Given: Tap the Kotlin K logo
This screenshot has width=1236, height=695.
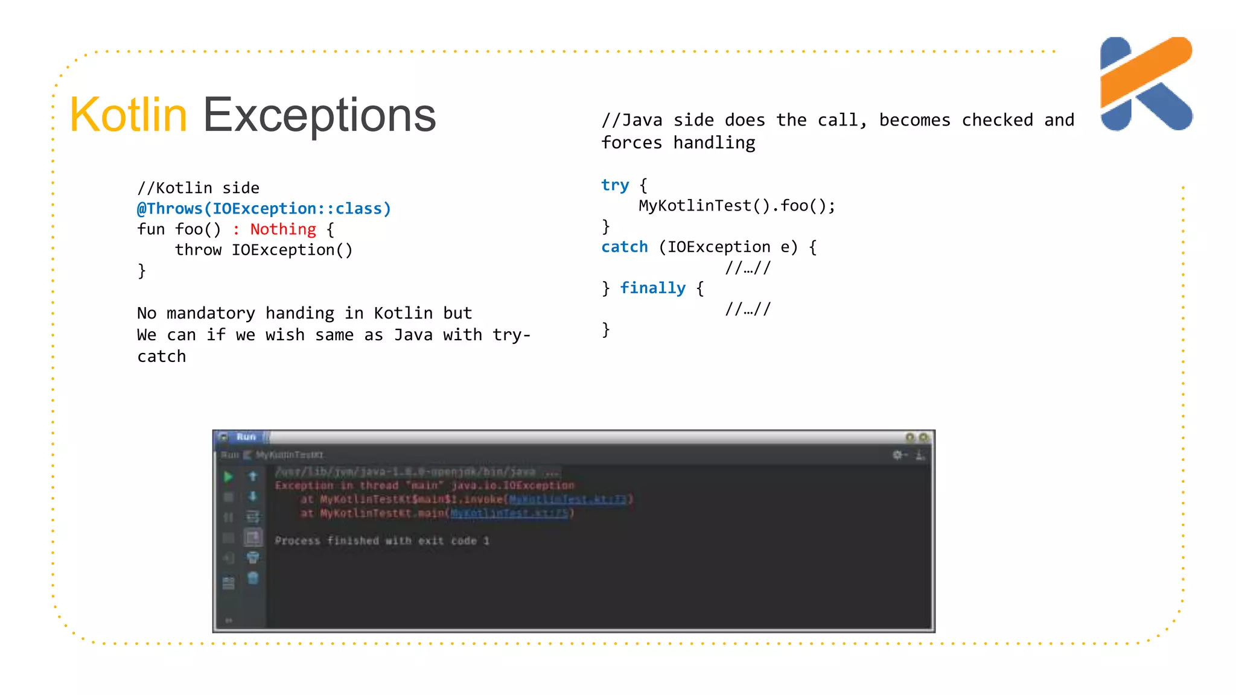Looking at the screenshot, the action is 1145,83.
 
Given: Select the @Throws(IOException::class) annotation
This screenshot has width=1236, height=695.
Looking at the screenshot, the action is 264,209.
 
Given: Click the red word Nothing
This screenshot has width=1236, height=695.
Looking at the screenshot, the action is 283,229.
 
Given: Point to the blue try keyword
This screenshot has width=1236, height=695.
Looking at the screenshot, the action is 615,185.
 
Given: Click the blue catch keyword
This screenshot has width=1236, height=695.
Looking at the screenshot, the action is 625,247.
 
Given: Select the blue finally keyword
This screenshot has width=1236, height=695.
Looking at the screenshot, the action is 653,288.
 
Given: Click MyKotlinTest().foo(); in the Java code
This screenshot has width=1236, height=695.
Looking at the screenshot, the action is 737,206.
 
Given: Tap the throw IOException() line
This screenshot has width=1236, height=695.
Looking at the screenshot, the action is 264,250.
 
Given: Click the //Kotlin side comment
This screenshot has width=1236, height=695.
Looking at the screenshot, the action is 198,188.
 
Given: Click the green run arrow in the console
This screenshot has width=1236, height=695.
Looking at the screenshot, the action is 228,477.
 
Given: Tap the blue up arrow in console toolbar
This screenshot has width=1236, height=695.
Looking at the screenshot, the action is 253,476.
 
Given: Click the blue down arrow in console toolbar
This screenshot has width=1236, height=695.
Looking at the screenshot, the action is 253,496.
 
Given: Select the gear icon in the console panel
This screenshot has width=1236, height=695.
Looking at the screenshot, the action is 898,455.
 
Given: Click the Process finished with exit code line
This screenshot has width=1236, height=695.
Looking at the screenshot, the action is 381,541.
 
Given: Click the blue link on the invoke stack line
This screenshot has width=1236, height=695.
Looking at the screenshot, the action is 568,499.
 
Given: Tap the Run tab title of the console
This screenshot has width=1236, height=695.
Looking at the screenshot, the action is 246,436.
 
